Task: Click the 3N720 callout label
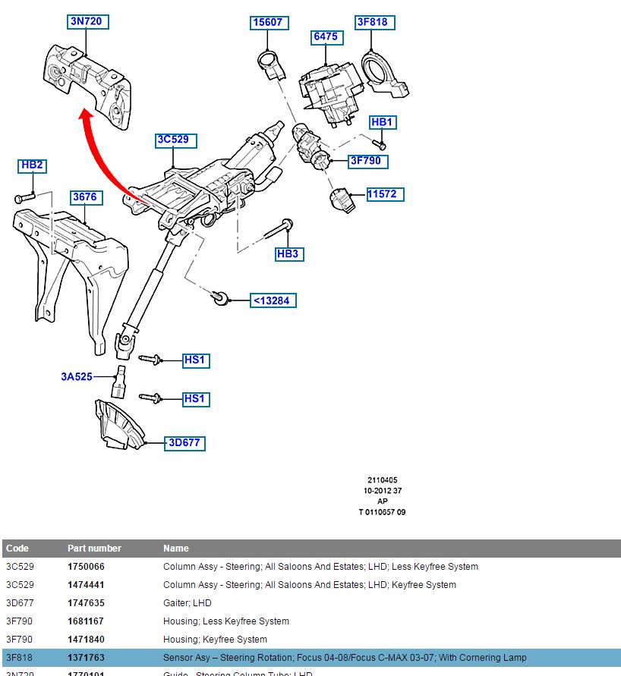(x=86, y=22)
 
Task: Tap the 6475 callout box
(x=326, y=36)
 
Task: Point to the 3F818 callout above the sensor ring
(x=372, y=22)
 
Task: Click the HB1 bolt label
(x=382, y=122)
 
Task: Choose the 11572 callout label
(x=382, y=194)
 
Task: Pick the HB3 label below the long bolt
(x=288, y=253)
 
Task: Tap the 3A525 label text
(x=77, y=376)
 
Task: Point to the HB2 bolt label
(x=33, y=165)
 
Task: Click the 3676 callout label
(x=84, y=197)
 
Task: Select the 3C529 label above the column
(x=172, y=140)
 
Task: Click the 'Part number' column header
(x=94, y=549)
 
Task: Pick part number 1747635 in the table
(x=86, y=603)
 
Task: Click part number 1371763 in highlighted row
(x=86, y=658)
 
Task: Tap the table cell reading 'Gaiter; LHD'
(x=188, y=603)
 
